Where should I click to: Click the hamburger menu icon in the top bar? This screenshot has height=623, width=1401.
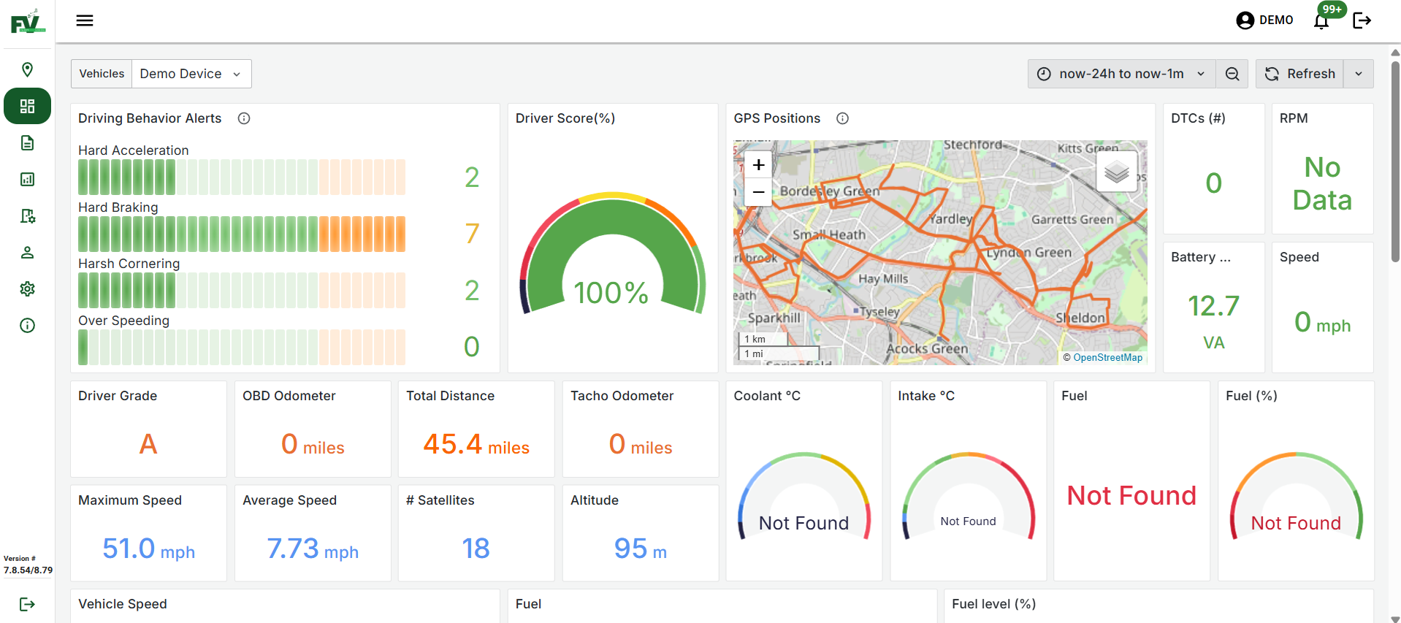85,20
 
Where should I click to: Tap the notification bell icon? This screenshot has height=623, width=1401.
1321,21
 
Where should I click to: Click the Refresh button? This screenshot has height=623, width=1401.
1299,74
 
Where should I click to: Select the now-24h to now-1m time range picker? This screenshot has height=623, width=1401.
1121,74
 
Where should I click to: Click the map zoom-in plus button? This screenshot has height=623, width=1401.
758,165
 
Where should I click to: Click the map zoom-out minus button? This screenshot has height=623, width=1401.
758,192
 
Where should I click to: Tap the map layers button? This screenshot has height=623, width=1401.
1116,172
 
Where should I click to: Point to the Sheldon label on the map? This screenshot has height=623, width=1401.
1080,318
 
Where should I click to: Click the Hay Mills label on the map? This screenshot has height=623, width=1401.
883,278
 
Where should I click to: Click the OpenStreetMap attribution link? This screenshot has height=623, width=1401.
1107,357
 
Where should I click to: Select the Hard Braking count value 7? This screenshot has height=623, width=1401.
472,234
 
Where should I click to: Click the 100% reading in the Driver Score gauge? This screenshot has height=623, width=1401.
611,293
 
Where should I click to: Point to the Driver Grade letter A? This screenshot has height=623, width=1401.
148,443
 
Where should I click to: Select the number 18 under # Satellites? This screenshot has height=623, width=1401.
476,549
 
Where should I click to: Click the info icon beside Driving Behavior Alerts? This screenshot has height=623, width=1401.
244,118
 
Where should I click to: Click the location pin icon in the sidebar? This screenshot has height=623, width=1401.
27,69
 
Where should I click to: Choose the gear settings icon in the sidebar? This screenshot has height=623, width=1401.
27,288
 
